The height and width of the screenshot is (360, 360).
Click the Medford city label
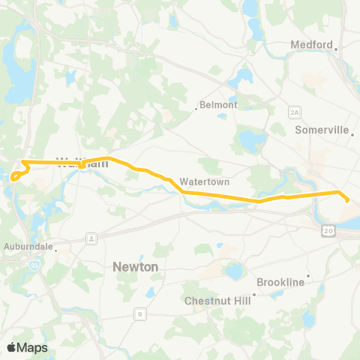pos(310,45)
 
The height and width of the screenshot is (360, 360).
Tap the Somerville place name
pos(322,130)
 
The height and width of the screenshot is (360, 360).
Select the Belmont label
pos(218,105)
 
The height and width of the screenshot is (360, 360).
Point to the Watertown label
pos(204,181)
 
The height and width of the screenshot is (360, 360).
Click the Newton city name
pos(135,266)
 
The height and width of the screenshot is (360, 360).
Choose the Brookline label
pos(280,282)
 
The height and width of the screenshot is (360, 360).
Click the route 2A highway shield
pos(295,112)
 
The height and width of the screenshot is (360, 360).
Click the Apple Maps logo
pos(27,347)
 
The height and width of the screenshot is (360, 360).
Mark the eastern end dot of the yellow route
pos(347,199)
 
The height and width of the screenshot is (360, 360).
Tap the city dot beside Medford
pos(337,49)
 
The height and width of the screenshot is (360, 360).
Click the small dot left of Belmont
pos(196,109)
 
